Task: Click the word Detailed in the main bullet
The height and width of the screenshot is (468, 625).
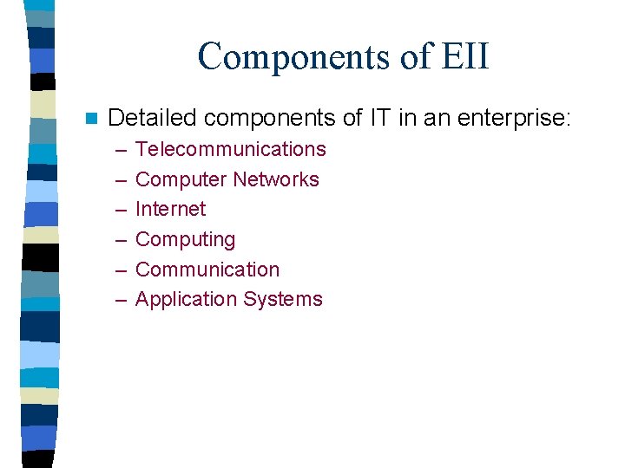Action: pyautogui.click(x=151, y=117)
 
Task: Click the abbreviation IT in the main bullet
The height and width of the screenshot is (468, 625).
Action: pyautogui.click(x=379, y=117)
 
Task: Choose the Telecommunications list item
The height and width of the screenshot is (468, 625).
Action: pyautogui.click(x=231, y=149)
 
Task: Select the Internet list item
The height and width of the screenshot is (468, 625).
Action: pyautogui.click(x=171, y=209)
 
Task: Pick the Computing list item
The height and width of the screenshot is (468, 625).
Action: pyautogui.click(x=186, y=240)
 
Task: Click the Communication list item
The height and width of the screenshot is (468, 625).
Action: pyautogui.click(x=207, y=270)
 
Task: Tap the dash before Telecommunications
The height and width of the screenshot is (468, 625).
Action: pyautogui.click(x=119, y=150)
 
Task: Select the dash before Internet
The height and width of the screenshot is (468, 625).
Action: pyautogui.click(x=119, y=210)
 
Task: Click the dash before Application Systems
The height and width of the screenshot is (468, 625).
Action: pyautogui.click(x=119, y=300)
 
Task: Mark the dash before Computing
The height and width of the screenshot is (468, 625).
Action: pyautogui.click(x=119, y=240)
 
